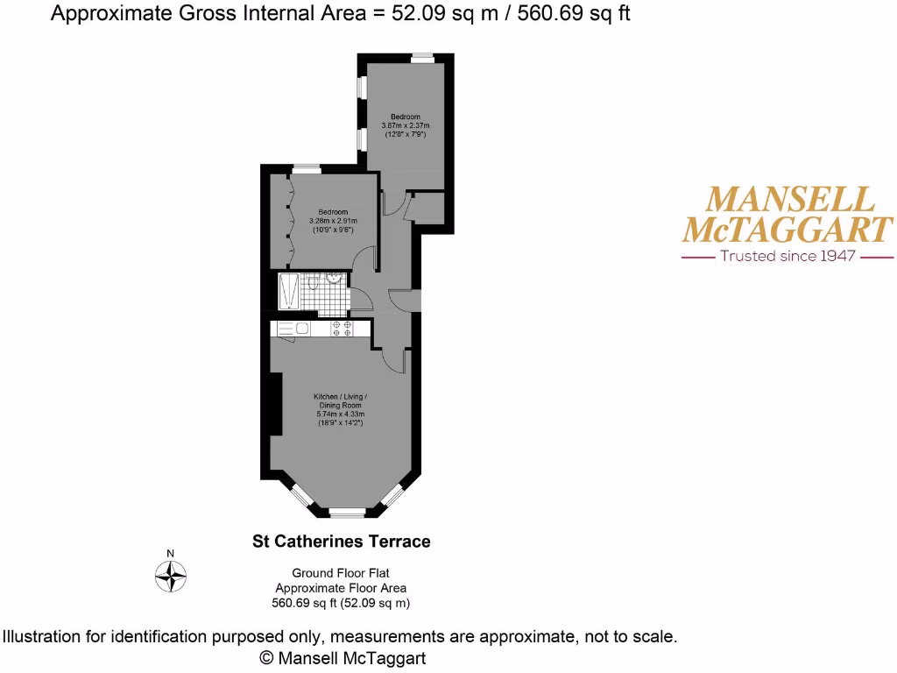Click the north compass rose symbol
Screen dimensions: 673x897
tap(171, 575)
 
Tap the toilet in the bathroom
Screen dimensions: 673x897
tap(313, 282)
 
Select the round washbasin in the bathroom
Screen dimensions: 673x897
tap(335, 278)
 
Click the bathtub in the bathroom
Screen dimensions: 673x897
tap(288, 291)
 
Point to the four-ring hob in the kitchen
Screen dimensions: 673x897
tap(342, 329)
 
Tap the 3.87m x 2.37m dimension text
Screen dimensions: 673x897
tap(406, 126)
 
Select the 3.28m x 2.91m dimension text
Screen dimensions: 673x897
tap(334, 221)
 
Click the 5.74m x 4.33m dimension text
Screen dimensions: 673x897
tap(339, 414)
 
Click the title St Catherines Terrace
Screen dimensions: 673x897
tap(342, 542)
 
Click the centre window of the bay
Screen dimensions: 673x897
tap(347, 511)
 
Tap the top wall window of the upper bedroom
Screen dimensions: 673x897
tap(422, 57)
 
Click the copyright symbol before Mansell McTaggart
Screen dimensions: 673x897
tap(268, 657)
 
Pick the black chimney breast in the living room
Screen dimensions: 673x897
tap(275, 403)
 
